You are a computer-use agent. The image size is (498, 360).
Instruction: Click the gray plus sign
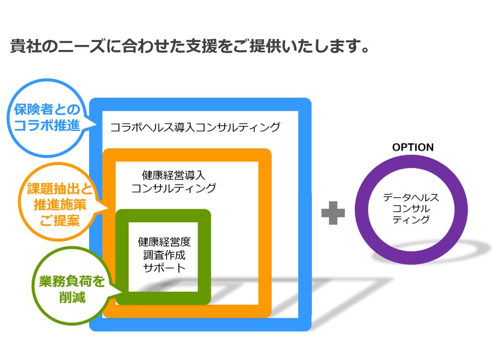[x=333, y=213]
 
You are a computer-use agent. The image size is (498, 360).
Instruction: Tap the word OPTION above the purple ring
[x=413, y=147]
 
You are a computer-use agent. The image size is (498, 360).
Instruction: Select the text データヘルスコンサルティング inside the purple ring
[x=411, y=208]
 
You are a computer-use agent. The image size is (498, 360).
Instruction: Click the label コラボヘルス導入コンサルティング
[x=195, y=127]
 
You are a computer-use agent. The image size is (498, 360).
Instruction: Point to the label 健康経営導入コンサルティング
[x=173, y=182]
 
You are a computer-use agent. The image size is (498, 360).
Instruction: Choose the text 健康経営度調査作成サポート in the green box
[x=164, y=255]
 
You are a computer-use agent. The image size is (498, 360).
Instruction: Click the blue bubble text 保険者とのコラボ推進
[x=47, y=117]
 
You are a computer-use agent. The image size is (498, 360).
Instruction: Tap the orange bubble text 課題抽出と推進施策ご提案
[x=59, y=205]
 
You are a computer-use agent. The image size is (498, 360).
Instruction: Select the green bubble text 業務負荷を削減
[x=72, y=289]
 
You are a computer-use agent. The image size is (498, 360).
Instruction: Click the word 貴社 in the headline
[x=26, y=46]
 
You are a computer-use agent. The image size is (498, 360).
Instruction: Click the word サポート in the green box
[x=164, y=267]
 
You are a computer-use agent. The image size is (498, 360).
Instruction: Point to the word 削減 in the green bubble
[x=72, y=297]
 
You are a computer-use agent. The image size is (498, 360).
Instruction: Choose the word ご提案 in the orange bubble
[x=59, y=220]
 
